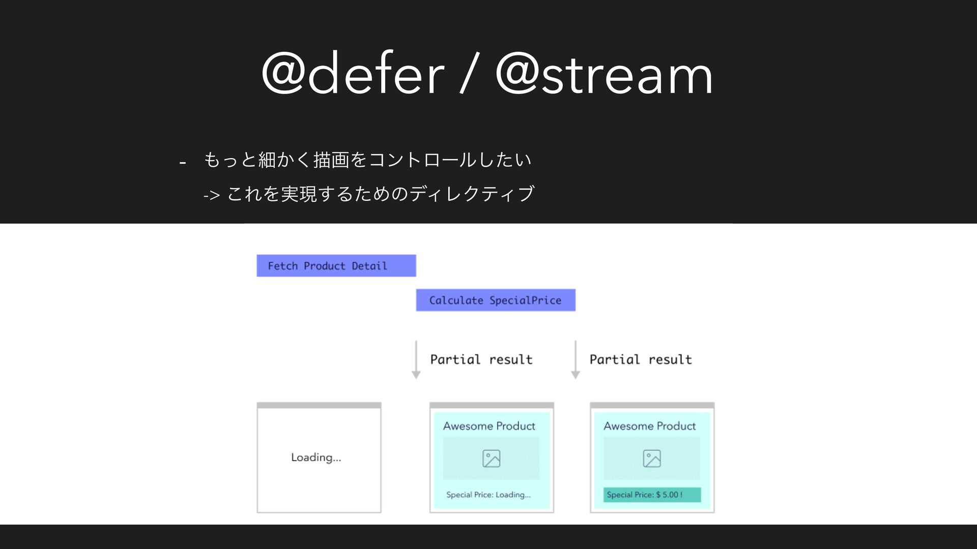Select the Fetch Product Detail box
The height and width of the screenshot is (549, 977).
tap(336, 265)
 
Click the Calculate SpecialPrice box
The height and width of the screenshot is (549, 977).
tap(496, 300)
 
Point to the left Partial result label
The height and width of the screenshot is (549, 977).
tap(481, 359)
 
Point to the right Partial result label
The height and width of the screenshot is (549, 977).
tap(641, 359)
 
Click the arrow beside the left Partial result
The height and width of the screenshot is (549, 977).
tap(416, 360)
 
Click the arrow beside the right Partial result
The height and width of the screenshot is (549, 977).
tap(576, 360)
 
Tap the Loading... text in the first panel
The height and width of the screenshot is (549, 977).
tap(316, 457)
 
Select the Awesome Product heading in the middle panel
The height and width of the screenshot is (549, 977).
tap(489, 426)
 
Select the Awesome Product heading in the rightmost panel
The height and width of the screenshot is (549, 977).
tap(649, 426)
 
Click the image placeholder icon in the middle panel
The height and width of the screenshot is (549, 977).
tap(492, 459)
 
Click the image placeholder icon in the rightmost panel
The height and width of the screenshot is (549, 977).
tap(652, 459)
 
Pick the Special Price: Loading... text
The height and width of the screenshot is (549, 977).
tap(489, 495)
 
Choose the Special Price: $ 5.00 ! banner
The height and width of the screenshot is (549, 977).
tap(652, 495)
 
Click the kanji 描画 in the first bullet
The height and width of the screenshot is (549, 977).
tap(332, 160)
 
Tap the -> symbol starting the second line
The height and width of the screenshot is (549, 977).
tap(211, 195)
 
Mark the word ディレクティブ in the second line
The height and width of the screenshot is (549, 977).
tap(472, 194)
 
